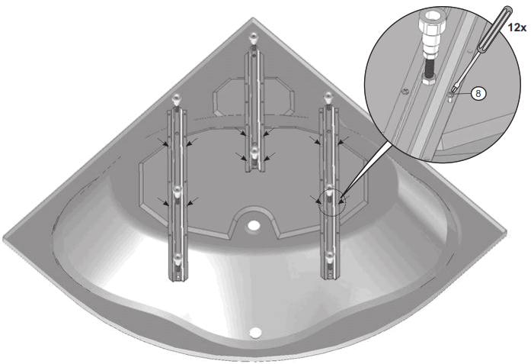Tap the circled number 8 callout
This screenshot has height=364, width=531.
[478, 94]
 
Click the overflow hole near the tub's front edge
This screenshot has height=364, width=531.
[255, 332]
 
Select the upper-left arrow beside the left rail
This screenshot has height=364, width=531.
[162, 140]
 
